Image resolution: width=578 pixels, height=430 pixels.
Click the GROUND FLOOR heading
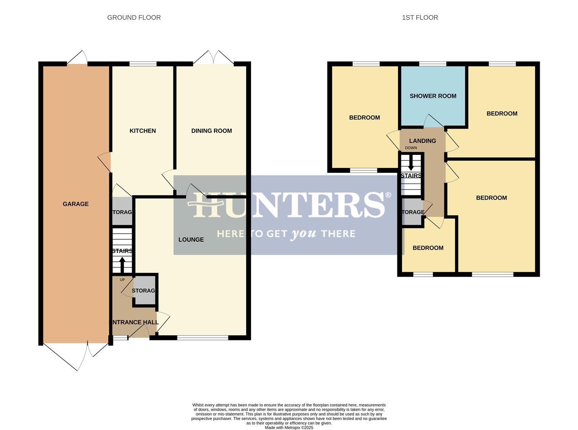coord(134,18)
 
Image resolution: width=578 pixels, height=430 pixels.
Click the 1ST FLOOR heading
coord(420,18)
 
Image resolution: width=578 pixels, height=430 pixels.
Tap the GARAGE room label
coord(76,204)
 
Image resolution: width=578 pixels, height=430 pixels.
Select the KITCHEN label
coord(142,131)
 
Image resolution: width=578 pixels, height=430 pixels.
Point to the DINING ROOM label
coord(211,131)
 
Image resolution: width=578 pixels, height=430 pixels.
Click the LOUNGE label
coord(191,239)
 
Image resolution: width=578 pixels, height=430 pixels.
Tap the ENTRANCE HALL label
coord(134,322)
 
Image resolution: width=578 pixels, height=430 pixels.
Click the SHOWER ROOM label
coord(433,96)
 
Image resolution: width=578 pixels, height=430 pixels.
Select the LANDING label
coord(422,141)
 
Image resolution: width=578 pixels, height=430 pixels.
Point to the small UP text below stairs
coord(122,280)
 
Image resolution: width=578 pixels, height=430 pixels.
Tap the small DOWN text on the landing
coord(411,148)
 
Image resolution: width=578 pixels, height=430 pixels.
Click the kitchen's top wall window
coord(143,64)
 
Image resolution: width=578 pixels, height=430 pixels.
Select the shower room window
coord(432,64)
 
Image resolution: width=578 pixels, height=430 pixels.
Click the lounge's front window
coord(202,338)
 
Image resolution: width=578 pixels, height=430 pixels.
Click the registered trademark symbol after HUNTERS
coord(388,195)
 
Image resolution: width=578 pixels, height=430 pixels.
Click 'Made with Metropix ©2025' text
coord(289,428)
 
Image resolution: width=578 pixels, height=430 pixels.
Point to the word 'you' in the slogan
coord(304,234)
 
